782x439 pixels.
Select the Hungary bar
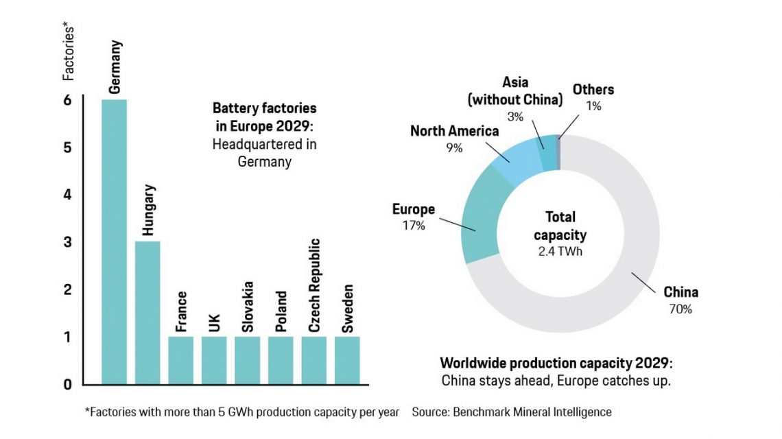(x=147, y=312)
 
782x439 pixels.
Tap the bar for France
(x=180, y=359)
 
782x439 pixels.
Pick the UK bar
(x=214, y=359)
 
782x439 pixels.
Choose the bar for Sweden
(x=347, y=359)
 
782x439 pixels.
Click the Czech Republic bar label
(x=314, y=285)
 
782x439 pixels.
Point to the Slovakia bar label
(x=248, y=307)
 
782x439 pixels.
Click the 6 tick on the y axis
(x=67, y=100)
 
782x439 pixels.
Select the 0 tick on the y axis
(x=67, y=384)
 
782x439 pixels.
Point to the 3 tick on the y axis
(x=67, y=242)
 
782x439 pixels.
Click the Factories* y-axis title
(x=69, y=51)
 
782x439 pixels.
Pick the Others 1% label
(x=593, y=97)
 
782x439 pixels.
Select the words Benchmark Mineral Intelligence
(x=532, y=412)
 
